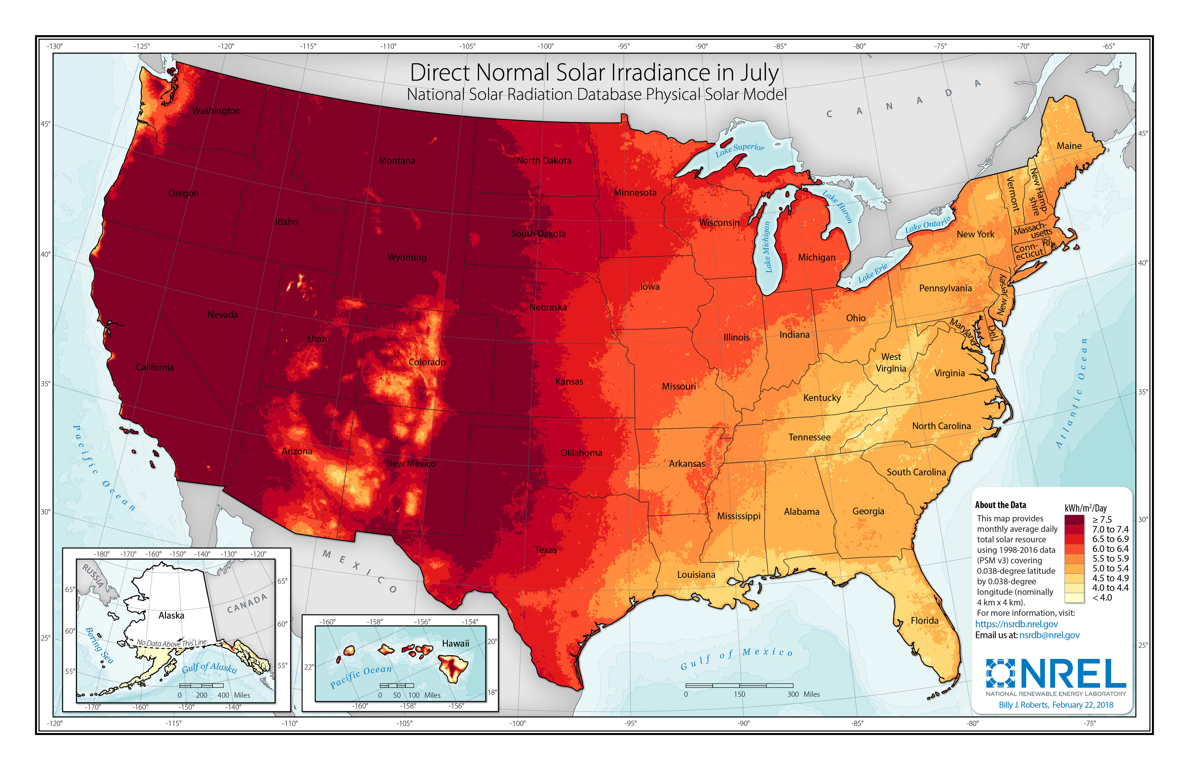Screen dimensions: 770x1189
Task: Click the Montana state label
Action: [397, 160]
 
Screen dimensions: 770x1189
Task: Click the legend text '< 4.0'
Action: [1102, 597]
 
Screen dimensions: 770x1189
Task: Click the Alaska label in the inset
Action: [171, 616]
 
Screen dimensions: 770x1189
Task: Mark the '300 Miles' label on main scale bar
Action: [803, 694]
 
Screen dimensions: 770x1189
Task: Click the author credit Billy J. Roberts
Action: [1023, 705]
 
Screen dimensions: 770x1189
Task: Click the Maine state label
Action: [1069, 146]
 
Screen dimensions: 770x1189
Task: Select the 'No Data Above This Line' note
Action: [171, 643]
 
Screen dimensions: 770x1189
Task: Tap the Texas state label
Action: [545, 550]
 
